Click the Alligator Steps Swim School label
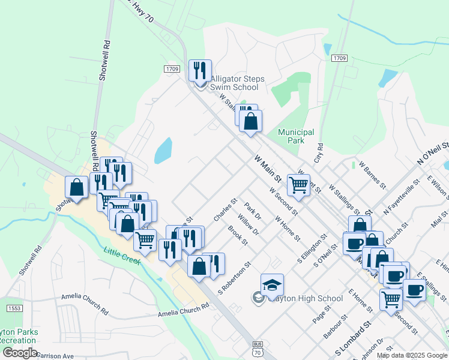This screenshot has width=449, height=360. (233, 83)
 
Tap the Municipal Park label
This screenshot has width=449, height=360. (297, 136)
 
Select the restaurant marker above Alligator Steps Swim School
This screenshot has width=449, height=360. (200, 71)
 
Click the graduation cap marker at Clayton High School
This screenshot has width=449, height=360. (272, 284)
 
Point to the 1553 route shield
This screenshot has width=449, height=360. (14, 308)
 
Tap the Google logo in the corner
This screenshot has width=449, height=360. (19, 353)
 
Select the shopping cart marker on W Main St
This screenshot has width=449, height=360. (299, 184)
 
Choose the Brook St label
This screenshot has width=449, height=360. (238, 235)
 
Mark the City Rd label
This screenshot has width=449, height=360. (319, 154)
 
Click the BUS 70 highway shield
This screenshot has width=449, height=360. (258, 347)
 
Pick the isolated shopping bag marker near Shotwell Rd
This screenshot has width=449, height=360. (77, 187)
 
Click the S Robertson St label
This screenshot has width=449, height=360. (234, 278)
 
